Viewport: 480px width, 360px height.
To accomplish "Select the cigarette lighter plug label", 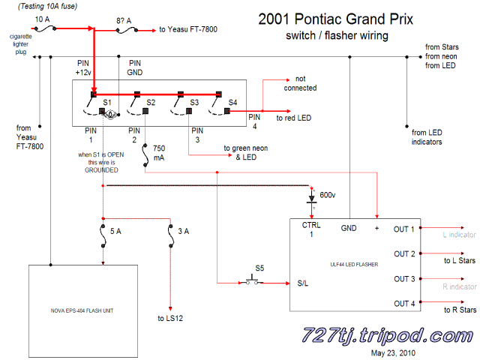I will [20, 43].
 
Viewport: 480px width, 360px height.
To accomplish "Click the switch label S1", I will [106, 101].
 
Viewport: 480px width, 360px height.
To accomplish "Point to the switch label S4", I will [232, 101].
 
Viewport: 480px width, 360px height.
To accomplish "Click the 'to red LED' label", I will [295, 118].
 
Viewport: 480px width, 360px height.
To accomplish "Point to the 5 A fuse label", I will [115, 232].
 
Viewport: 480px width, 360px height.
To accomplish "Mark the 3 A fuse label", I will [183, 232].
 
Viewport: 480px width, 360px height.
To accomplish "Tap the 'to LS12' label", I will [171, 319].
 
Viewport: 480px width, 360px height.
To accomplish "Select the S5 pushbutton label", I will [259, 268].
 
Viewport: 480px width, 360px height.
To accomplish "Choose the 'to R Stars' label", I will [460, 309].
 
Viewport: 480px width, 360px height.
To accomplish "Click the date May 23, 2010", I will [395, 352].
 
